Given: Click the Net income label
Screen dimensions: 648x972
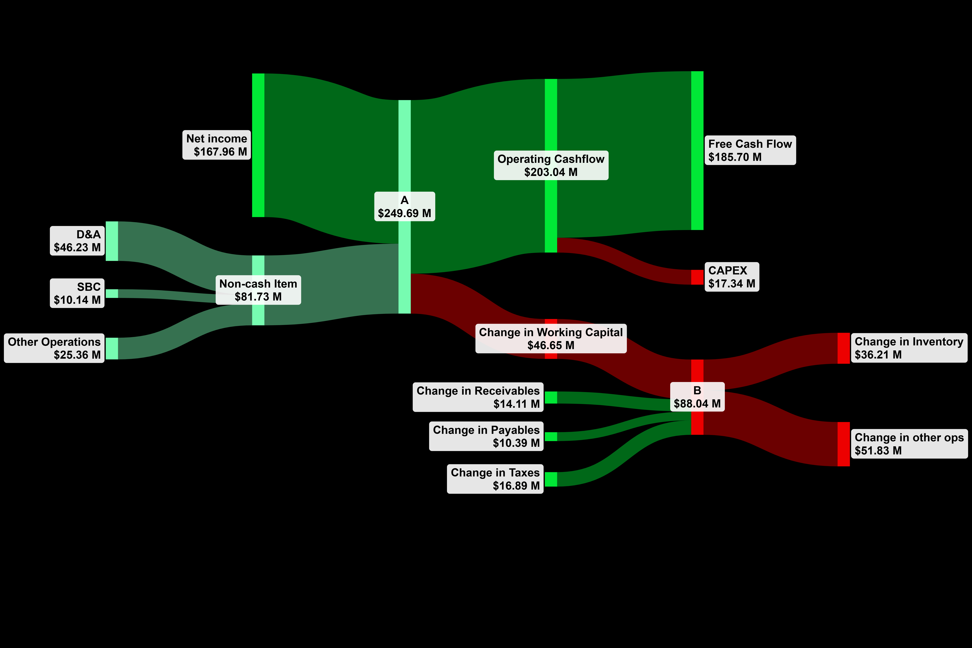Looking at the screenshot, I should coord(217,145).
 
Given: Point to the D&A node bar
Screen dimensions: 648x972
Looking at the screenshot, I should coord(112,241).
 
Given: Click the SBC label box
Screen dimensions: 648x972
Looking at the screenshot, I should coord(77,293).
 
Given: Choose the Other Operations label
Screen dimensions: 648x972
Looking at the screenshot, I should coord(54,348).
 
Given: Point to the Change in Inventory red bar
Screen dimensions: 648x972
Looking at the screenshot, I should coord(844,348).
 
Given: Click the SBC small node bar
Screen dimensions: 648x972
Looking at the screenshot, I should coord(112,293).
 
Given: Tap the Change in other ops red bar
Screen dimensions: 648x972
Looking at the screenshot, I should coord(844,444).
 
